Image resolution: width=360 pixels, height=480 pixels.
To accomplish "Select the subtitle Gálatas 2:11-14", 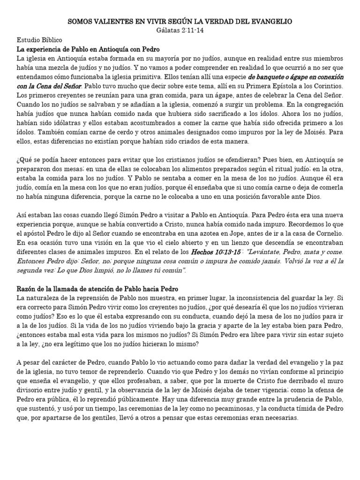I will pos(180,30).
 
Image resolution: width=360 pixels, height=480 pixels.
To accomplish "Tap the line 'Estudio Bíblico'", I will pos(39,40).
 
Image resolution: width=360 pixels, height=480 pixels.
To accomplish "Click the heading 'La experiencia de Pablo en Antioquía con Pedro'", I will pos(89,49).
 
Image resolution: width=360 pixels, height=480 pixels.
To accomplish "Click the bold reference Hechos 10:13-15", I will pos(217,252).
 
